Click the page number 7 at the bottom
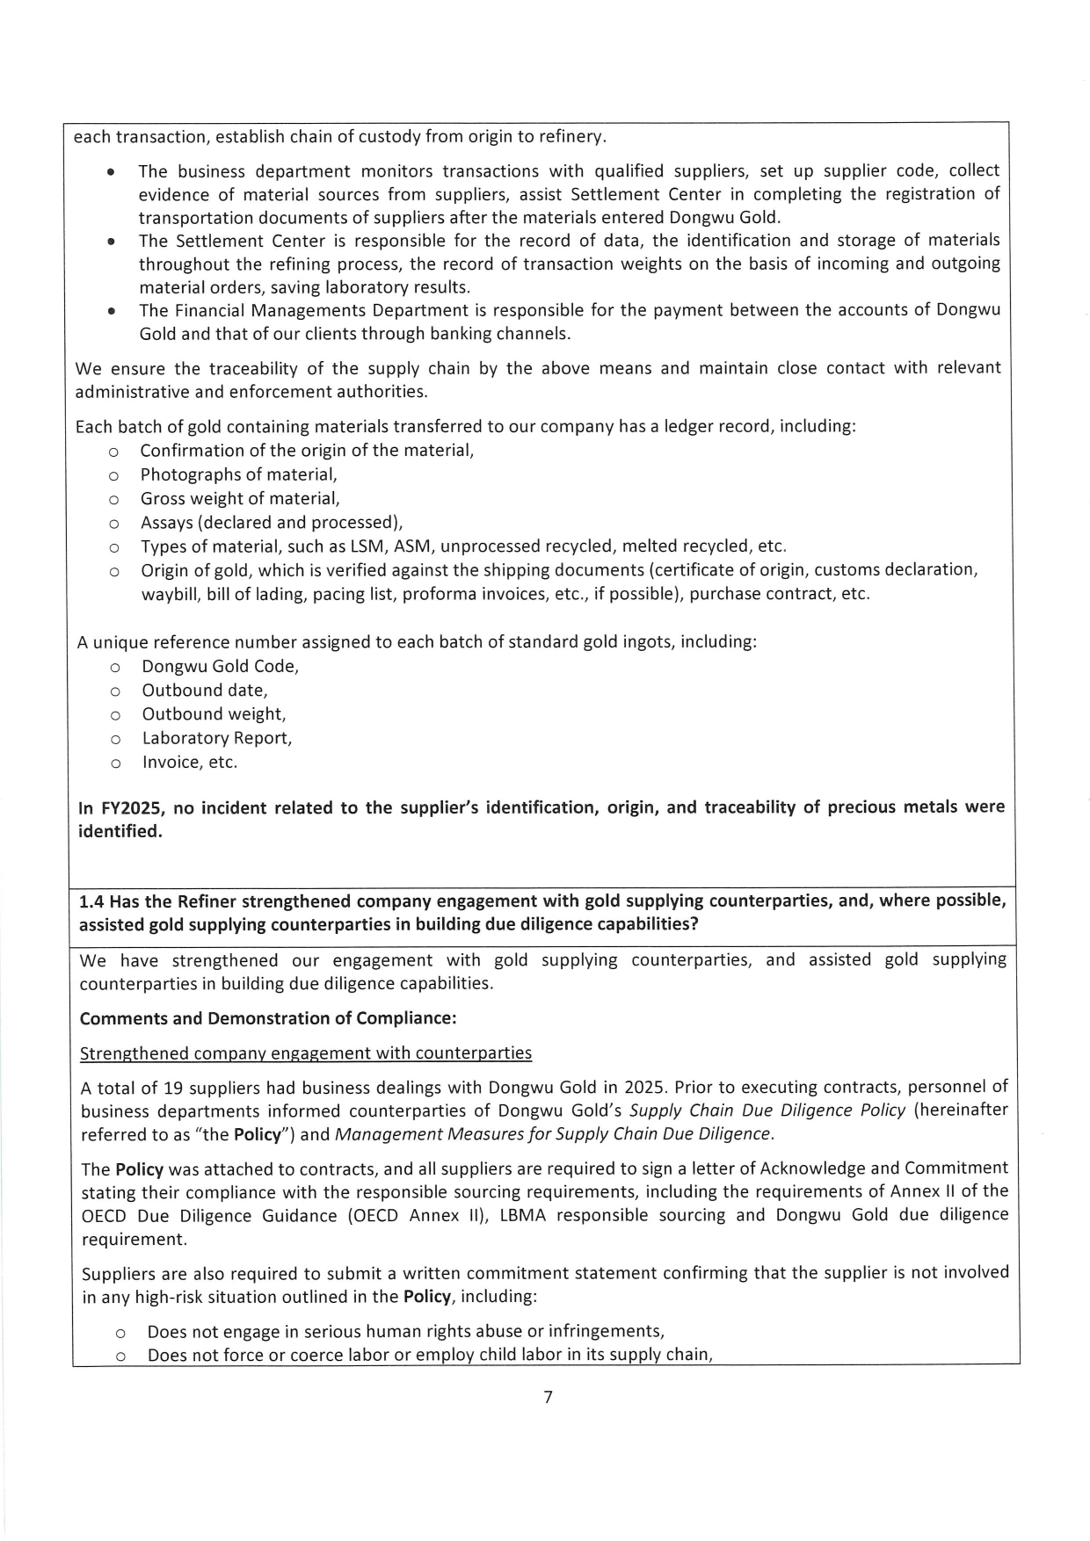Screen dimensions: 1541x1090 [x=548, y=1397]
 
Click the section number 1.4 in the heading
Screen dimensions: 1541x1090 [x=92, y=901]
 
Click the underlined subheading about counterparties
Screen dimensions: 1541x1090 [x=305, y=1053]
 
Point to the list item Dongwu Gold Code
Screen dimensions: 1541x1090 [x=220, y=666]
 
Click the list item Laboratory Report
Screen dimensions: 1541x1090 [x=216, y=738]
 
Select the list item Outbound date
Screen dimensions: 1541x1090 [x=205, y=691]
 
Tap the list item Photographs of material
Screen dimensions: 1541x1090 [x=238, y=474]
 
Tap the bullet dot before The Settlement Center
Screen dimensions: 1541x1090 [x=110, y=242]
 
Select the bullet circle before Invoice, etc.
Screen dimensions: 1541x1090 [x=114, y=763]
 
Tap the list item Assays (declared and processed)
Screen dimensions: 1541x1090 [x=271, y=523]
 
